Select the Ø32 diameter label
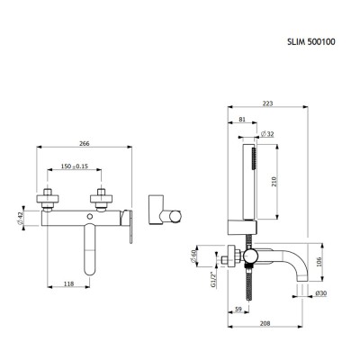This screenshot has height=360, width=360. tap(267, 135)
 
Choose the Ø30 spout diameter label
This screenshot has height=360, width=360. tap(322, 293)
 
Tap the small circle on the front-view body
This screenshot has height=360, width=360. tap(92, 217)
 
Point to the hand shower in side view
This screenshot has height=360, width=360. tap(250, 180)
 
